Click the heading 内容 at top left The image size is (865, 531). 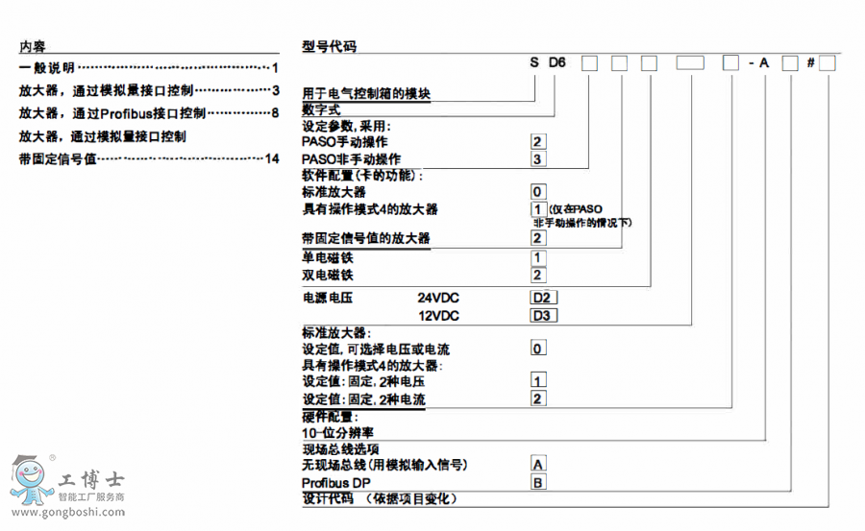pos(32,46)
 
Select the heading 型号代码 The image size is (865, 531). pos(329,46)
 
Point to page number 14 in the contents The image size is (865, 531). pos(272,158)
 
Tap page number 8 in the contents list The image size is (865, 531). pos(275,113)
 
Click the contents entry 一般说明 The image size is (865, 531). pos(47,68)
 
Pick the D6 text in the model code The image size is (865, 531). pos(558,63)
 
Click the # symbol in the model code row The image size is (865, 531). pos(811,63)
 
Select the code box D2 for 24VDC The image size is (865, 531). pos(542,298)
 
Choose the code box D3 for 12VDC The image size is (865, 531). pos(542,315)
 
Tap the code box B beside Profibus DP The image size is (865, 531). pos(538,482)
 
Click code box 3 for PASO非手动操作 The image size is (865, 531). pos(538,158)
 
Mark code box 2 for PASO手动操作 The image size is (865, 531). pos(538,142)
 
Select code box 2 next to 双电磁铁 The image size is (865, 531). pos(538,275)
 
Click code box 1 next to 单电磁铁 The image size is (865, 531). pos(538,257)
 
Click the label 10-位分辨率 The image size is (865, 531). pos(338,433)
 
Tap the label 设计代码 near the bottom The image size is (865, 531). pos(328,499)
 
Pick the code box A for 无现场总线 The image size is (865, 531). pos(538,465)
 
